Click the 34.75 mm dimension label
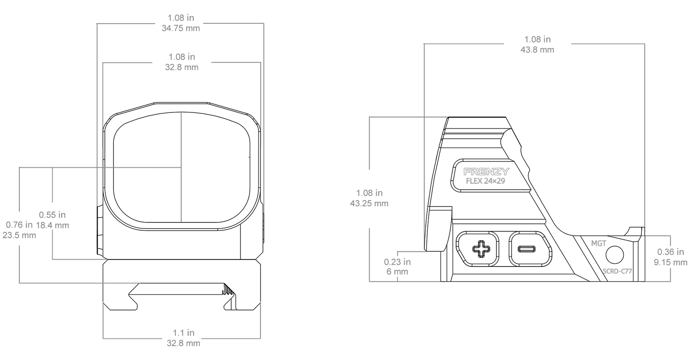pyautogui.click(x=181, y=28)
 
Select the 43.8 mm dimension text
pyautogui.click(x=537, y=50)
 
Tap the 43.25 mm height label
pyautogui.click(x=369, y=203)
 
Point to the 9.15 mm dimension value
pyautogui.click(x=671, y=263)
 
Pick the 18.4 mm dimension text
pyautogui.click(x=52, y=225)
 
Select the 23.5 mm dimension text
pyautogui.click(x=19, y=235)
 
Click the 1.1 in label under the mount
pyautogui.click(x=184, y=332)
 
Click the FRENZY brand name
pyautogui.click(x=486, y=172)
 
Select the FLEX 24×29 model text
pyautogui.click(x=486, y=181)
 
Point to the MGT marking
pyautogui.click(x=599, y=243)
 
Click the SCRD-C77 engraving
pyautogui.click(x=617, y=271)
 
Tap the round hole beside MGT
pyautogui.click(x=615, y=255)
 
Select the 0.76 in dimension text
pyautogui.click(x=19, y=225)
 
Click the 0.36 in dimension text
pyautogui.click(x=671, y=252)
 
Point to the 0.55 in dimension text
pyautogui.click(x=52, y=215)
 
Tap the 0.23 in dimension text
pyautogui.click(x=397, y=262)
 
